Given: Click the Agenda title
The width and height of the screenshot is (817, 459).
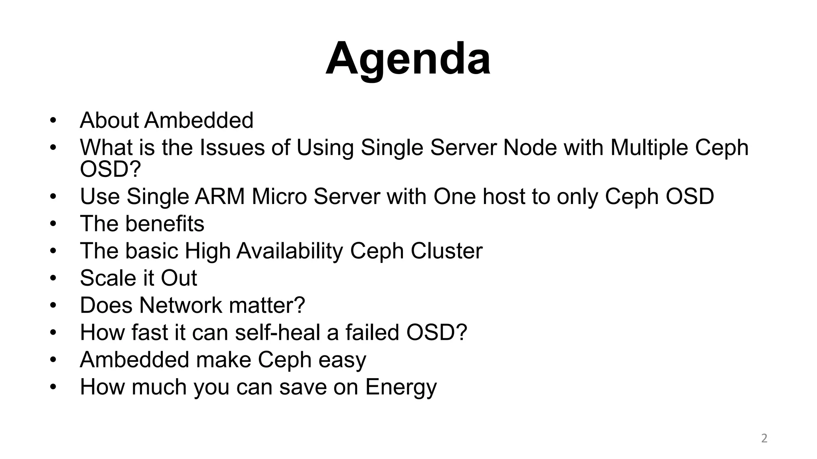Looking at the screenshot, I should tap(408, 59).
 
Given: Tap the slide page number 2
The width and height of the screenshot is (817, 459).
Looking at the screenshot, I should tap(764, 438).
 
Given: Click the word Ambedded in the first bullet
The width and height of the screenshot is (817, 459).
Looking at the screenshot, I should tap(199, 120).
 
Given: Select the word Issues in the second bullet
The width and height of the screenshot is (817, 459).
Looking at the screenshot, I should tap(232, 147).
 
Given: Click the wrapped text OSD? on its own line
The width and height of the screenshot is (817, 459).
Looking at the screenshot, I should tap(111, 169).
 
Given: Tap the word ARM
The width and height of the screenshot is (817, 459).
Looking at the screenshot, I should tap(219, 196).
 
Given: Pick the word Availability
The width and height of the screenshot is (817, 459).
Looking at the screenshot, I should tap(290, 251).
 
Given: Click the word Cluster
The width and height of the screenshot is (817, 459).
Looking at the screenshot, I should tap(446, 251).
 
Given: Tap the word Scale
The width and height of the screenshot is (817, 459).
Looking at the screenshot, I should tap(105, 278).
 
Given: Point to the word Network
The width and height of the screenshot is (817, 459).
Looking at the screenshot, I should tap(180, 305).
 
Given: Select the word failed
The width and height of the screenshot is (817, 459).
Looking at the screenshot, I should tap(372, 332).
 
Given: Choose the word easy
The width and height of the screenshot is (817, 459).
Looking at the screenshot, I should tap(342, 360).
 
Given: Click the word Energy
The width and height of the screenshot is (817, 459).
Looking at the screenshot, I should tap(401, 387).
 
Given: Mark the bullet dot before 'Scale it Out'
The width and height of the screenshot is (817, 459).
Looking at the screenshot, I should tap(53, 278).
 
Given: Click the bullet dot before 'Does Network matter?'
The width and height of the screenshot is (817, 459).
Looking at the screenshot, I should tap(53, 305).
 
